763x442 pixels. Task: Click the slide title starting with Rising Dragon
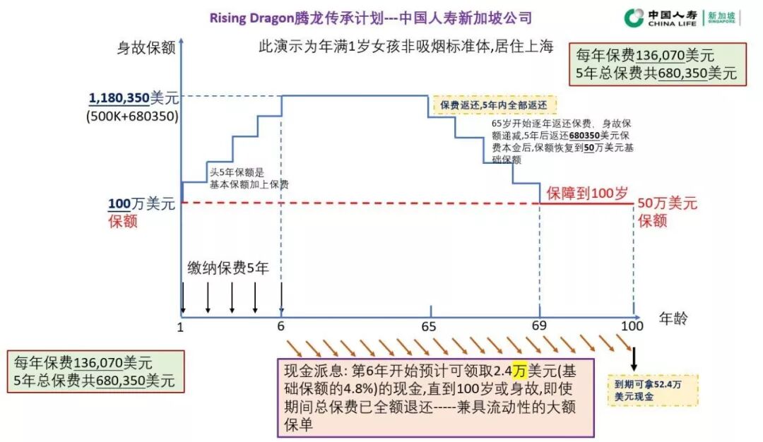371,18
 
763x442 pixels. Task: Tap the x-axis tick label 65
429,326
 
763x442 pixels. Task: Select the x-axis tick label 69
540,326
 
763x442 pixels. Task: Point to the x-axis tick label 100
632,326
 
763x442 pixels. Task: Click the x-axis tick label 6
281,326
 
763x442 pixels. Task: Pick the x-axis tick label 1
181,326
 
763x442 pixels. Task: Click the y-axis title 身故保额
146,48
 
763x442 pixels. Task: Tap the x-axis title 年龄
673,318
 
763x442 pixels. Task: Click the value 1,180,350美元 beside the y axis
134,99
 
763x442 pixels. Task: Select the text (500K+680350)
133,116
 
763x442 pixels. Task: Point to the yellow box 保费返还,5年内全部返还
494,105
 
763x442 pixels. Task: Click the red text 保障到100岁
586,193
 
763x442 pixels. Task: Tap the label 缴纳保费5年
227,268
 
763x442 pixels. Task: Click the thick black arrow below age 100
634,358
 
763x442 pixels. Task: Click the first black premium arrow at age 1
183,297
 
